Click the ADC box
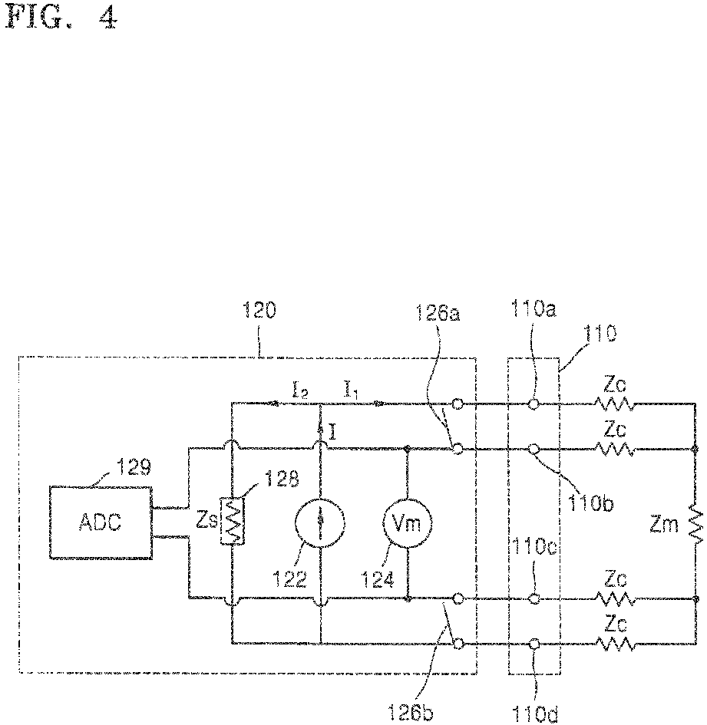point(100,522)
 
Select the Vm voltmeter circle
point(408,522)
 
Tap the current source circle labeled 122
point(320,522)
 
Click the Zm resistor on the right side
point(695,523)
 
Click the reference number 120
point(259,312)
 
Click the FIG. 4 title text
point(61,18)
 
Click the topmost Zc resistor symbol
point(612,404)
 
